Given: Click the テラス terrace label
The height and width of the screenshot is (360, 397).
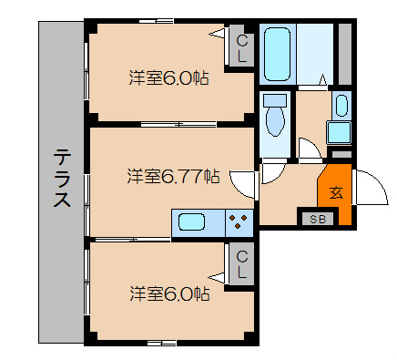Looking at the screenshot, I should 61,179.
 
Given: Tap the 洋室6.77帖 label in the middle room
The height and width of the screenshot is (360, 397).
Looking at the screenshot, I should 173,175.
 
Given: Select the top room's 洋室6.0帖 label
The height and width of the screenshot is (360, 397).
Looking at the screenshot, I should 169,77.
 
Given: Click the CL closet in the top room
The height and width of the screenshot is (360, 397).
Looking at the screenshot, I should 241,48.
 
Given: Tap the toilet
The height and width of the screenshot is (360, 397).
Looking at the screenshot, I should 273,116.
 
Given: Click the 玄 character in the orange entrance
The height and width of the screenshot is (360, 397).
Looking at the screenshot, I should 335,192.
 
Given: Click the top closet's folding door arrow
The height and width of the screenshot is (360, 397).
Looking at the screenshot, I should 219,36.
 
